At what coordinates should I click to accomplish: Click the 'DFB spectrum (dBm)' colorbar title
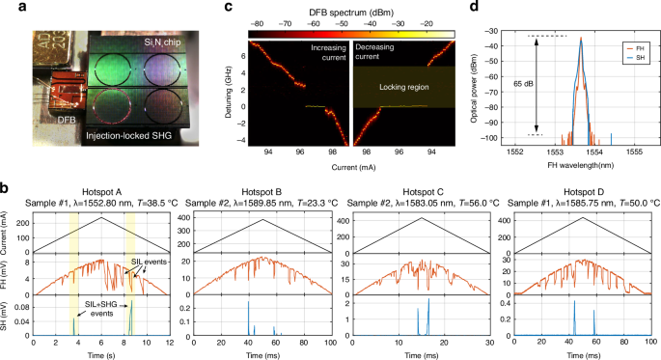(x=349, y=9)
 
